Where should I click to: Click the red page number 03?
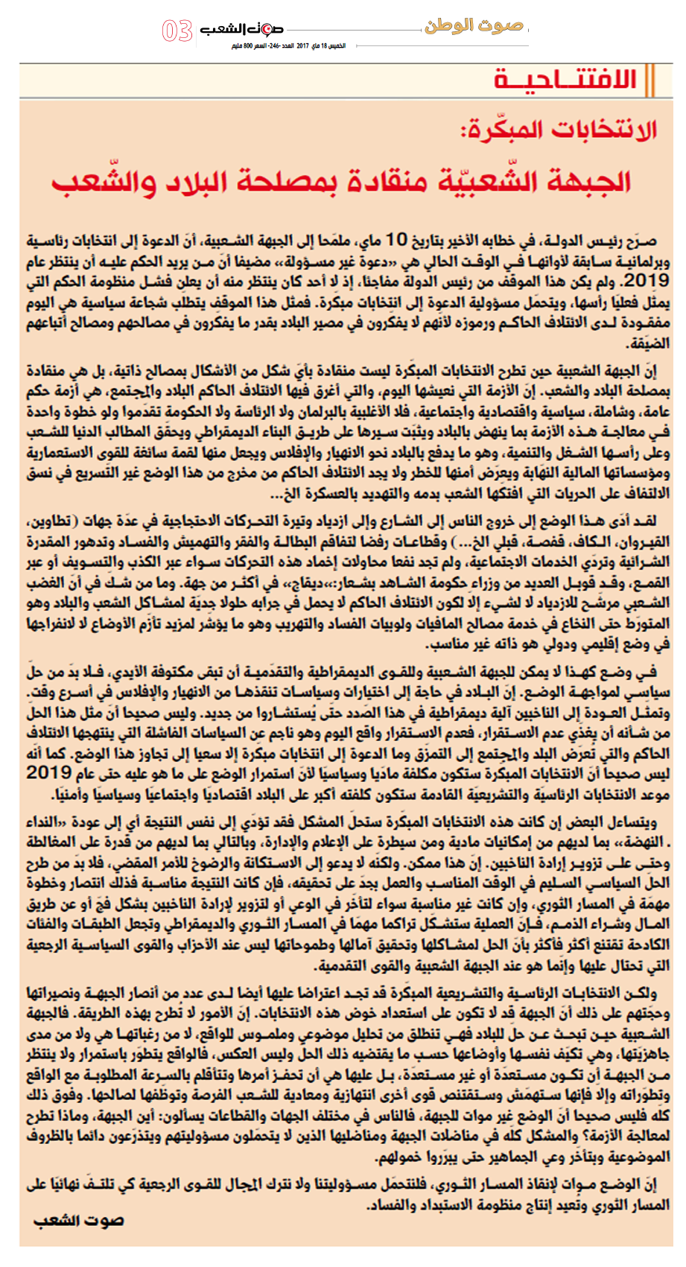click(x=177, y=31)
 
